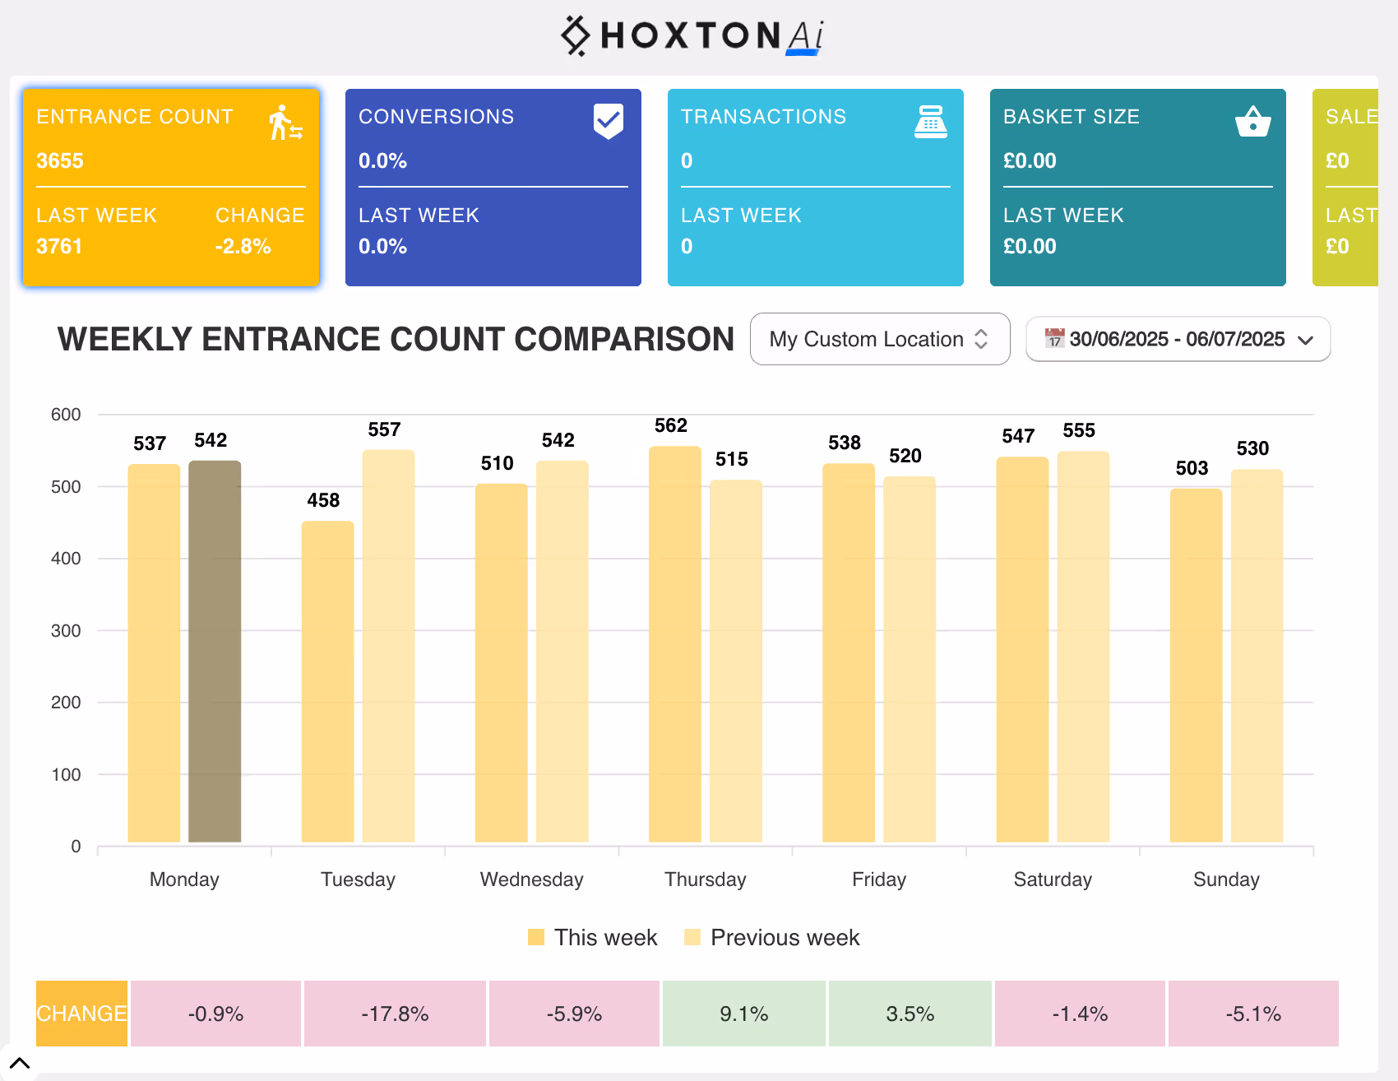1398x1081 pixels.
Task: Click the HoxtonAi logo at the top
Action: coord(692,36)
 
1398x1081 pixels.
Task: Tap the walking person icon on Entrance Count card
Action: coord(285,123)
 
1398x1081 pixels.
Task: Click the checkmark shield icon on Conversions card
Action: coord(608,121)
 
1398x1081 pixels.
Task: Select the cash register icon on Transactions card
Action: coord(930,122)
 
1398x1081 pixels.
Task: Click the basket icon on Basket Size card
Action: coord(1252,122)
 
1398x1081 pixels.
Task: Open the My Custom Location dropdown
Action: coord(879,339)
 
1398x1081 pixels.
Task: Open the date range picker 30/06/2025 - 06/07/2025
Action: coord(1177,339)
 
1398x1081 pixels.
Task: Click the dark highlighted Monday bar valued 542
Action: coord(215,650)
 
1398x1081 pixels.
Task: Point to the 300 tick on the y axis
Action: coord(66,631)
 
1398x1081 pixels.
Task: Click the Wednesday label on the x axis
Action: coord(531,879)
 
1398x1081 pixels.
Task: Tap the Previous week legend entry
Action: coord(772,938)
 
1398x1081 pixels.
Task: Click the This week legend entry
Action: coord(592,938)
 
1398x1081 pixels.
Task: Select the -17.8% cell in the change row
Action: coord(395,1014)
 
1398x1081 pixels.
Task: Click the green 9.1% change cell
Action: coord(743,1014)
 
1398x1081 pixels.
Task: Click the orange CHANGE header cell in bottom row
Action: coord(81,1014)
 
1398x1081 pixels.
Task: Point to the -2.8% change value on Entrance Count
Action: coord(243,246)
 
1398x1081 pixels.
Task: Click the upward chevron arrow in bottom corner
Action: coord(20,1063)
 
